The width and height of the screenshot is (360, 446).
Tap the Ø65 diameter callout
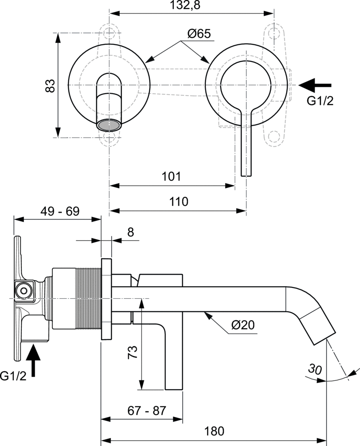tap(199, 34)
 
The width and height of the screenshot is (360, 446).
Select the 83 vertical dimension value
tap(50, 85)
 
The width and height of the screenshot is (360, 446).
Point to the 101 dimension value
tap(171, 177)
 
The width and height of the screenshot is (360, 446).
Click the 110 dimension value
tap(178, 202)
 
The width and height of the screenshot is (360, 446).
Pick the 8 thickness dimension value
tap(130, 232)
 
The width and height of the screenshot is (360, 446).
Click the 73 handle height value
tap(134, 351)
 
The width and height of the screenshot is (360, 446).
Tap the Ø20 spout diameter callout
tap(243, 324)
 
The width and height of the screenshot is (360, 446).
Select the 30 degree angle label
tap(315, 369)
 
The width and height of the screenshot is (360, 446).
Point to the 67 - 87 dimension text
tap(147, 411)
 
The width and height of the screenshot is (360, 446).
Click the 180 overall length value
tap(214, 431)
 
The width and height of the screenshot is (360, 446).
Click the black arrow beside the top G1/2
tap(316, 85)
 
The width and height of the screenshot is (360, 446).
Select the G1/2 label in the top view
tap(320, 101)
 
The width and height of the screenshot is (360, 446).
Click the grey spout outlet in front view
tap(109, 125)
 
